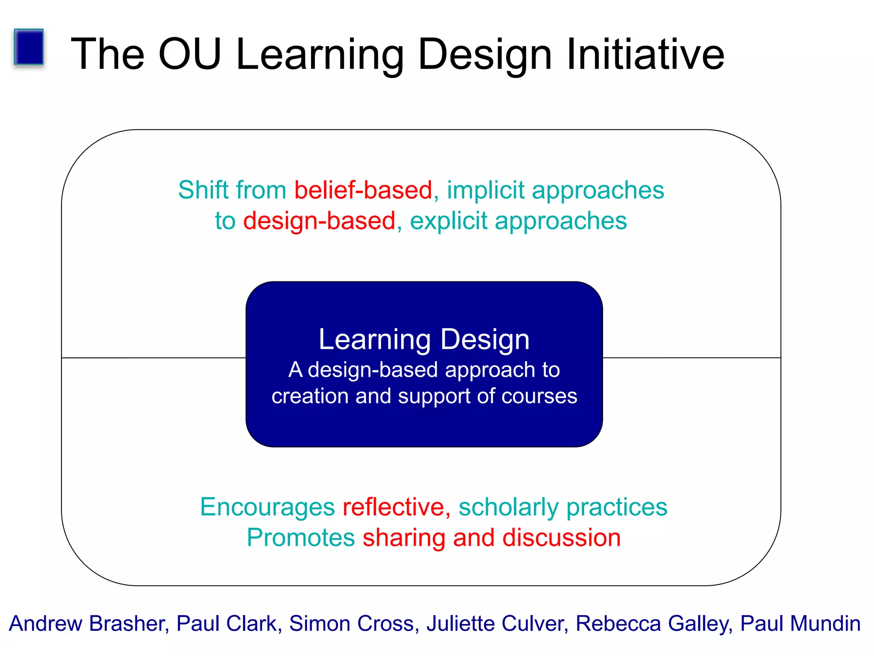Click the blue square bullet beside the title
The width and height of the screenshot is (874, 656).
pyautogui.click(x=29, y=47)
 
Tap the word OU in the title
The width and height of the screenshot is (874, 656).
pyautogui.click(x=190, y=54)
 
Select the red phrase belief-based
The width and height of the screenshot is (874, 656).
pyautogui.click(x=363, y=190)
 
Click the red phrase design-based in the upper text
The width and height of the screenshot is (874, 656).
pyautogui.click(x=319, y=221)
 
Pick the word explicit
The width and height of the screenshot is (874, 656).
pyautogui.click(x=449, y=221)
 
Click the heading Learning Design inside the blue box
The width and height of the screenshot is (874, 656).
pyautogui.click(x=424, y=340)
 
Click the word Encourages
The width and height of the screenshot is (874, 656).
pyautogui.click(x=268, y=507)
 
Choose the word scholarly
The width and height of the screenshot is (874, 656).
pyautogui.click(x=508, y=507)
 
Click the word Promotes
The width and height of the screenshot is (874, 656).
pyautogui.click(x=301, y=538)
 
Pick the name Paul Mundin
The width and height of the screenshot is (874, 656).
pyautogui.click(x=800, y=624)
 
